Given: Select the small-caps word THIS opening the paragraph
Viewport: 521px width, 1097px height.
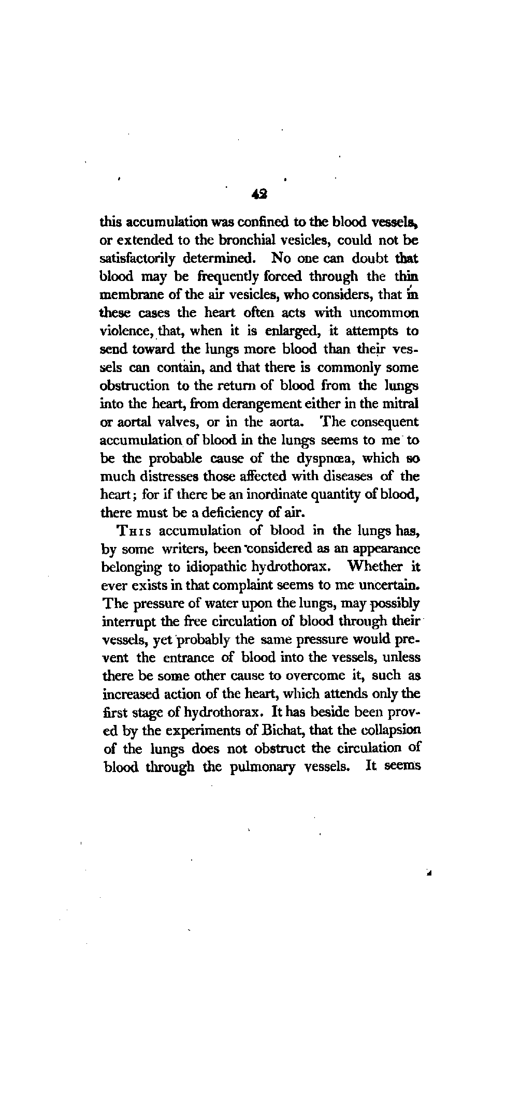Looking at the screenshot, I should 136,531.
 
